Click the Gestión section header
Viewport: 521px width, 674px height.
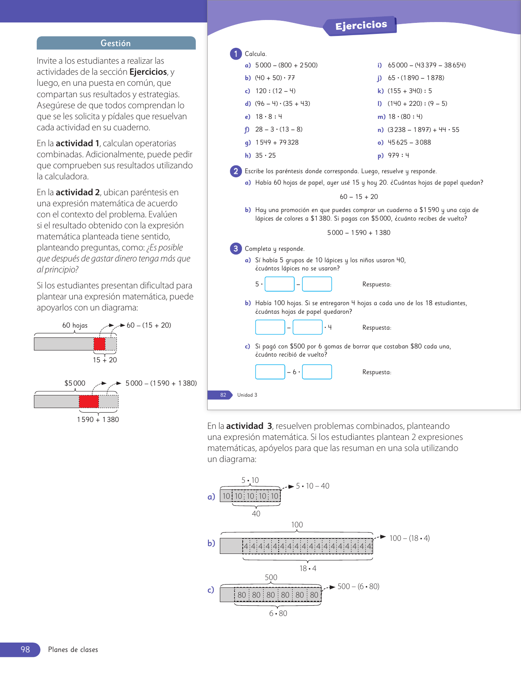click(x=116, y=43)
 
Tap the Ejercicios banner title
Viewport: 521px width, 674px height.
click(x=361, y=26)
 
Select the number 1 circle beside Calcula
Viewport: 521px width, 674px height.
click(x=236, y=54)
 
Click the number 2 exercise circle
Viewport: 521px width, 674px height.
click(x=236, y=171)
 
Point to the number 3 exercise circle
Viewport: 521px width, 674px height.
click(x=236, y=248)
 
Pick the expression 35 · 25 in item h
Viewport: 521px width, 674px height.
click(x=265, y=156)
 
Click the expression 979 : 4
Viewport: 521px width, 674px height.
click(x=398, y=156)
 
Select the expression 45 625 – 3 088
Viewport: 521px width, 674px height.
click(x=409, y=143)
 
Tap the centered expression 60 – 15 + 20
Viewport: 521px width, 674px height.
click(x=359, y=197)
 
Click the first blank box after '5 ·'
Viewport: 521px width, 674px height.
click(x=280, y=284)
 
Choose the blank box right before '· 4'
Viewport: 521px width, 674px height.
click(x=308, y=327)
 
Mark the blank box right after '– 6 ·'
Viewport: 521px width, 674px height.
click(x=317, y=372)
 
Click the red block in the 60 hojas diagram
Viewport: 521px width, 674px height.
click(x=99, y=344)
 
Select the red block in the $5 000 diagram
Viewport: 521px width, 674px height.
click(x=89, y=402)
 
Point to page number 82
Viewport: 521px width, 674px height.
click(x=223, y=395)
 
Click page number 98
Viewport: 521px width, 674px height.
click(x=25, y=649)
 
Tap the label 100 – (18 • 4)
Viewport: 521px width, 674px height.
click(x=409, y=538)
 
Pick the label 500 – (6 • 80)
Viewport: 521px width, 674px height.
click(x=358, y=587)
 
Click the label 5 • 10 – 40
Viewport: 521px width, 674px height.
click(x=313, y=486)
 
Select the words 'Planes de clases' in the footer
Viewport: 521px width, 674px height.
click(x=73, y=650)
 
